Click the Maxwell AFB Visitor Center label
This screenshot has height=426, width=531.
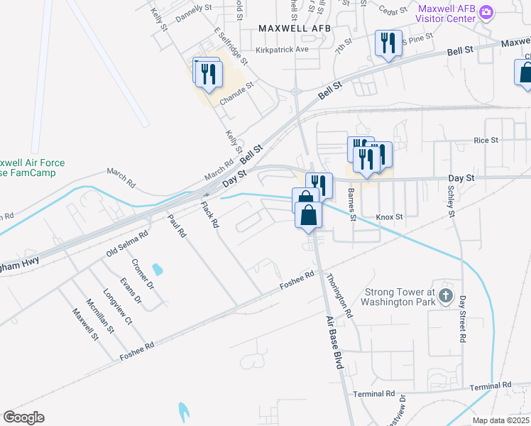pyautogui.click(x=447, y=14)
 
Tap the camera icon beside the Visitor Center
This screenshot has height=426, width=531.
pyautogui.click(x=486, y=12)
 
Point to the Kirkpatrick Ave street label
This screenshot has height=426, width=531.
pyautogui.click(x=283, y=50)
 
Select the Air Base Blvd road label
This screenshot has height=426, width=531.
pyautogui.click(x=336, y=342)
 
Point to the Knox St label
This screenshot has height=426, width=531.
pyautogui.click(x=389, y=217)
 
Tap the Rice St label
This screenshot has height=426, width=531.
pyautogui.click(x=486, y=141)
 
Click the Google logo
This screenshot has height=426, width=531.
pyautogui.click(x=24, y=417)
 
